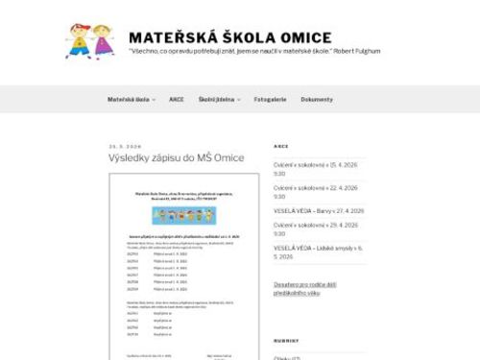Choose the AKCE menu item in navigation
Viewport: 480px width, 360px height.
click(176, 100)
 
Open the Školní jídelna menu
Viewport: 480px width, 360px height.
click(219, 100)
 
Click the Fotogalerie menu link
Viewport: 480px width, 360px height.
click(270, 100)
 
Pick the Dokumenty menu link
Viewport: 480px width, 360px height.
click(317, 100)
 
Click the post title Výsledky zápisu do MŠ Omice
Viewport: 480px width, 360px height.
click(177, 157)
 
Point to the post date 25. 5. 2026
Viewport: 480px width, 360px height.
click(125, 146)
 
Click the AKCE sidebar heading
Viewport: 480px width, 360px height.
click(280, 146)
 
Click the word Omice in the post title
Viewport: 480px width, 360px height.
click(229, 157)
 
